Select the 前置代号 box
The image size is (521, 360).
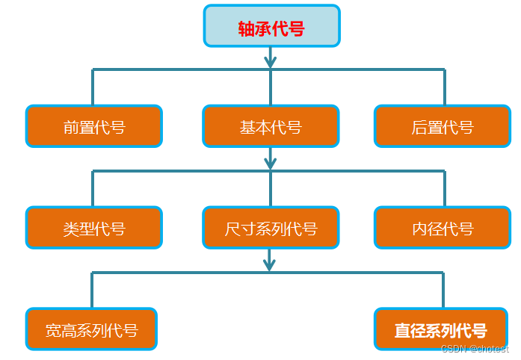(x=94, y=126)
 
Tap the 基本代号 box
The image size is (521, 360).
(x=271, y=126)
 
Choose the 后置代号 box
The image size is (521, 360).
(x=443, y=126)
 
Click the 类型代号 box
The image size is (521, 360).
(x=94, y=228)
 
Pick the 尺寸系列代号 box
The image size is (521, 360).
(x=271, y=228)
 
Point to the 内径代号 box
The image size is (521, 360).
(x=443, y=228)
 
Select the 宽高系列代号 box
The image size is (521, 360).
(x=91, y=329)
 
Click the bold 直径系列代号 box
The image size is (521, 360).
(x=441, y=329)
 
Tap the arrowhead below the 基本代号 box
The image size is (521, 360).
(x=270, y=162)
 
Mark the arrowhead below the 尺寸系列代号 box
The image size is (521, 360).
(x=270, y=264)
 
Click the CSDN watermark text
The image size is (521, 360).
(x=475, y=349)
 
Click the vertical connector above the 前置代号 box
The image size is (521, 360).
(x=93, y=87)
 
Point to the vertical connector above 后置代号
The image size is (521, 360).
(x=445, y=87)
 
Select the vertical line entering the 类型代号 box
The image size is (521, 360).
(x=93, y=189)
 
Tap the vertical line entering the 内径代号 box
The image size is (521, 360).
(x=445, y=189)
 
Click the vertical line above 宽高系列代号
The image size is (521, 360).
(x=92, y=291)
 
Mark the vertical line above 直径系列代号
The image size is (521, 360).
(x=443, y=291)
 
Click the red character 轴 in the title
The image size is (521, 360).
(x=246, y=28)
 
